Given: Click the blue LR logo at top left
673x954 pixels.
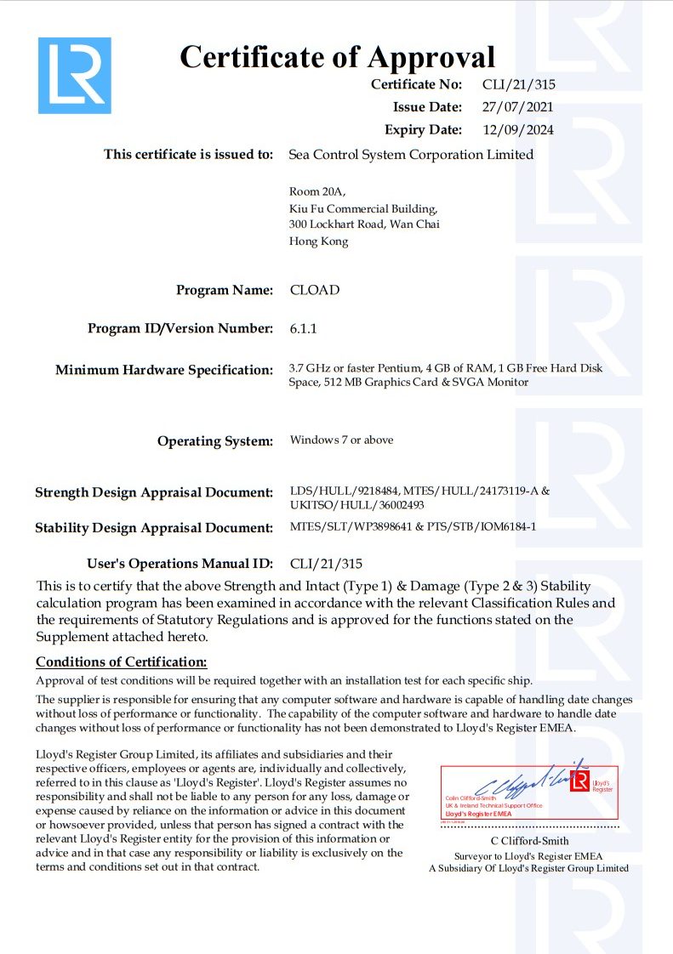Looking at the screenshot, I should (x=75, y=75).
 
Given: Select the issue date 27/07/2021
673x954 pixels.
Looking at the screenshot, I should (x=518, y=107).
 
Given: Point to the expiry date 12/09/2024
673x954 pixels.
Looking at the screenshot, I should (x=518, y=130).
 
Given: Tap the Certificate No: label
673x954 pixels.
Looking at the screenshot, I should (x=417, y=84).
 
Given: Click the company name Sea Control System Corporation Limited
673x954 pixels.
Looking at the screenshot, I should (x=411, y=155).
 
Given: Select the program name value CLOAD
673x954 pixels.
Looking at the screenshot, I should (x=315, y=290).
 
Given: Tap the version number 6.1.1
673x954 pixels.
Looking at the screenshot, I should (x=303, y=328).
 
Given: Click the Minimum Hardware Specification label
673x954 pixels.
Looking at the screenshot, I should (x=164, y=370).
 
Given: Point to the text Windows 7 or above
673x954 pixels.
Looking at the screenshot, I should (x=341, y=440).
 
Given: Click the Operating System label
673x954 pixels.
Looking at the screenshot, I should (x=215, y=440).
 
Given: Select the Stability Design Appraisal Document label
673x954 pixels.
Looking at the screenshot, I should (x=154, y=528).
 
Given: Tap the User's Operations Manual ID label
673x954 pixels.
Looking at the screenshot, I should (x=180, y=563).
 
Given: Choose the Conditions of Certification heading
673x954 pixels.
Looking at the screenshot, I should (x=122, y=662).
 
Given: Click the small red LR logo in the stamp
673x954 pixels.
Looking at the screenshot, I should (x=580, y=781).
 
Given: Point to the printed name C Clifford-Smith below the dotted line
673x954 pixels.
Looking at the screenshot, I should (x=529, y=841).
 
